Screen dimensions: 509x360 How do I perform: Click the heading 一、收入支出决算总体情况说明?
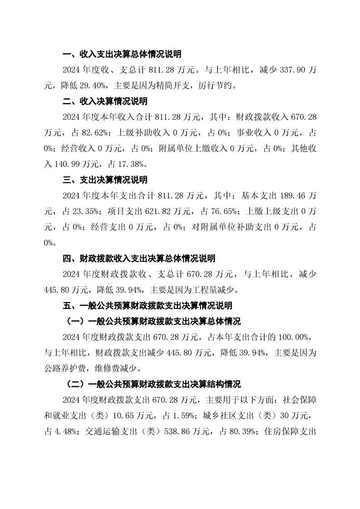pyautogui.click(x=122, y=54)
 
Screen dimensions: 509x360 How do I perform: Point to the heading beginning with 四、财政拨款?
pyautogui.click(x=139, y=259)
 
